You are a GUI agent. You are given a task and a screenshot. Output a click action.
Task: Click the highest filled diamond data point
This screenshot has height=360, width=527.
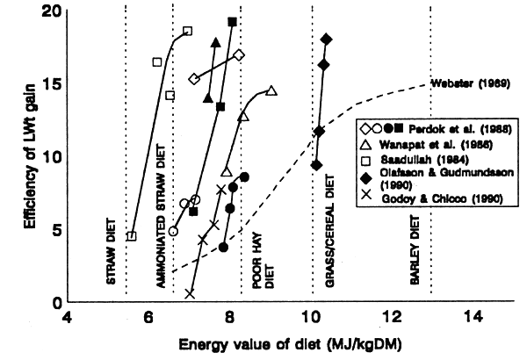coord(326,40)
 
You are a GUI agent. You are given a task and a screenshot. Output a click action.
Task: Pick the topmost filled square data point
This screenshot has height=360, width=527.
coord(232,21)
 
